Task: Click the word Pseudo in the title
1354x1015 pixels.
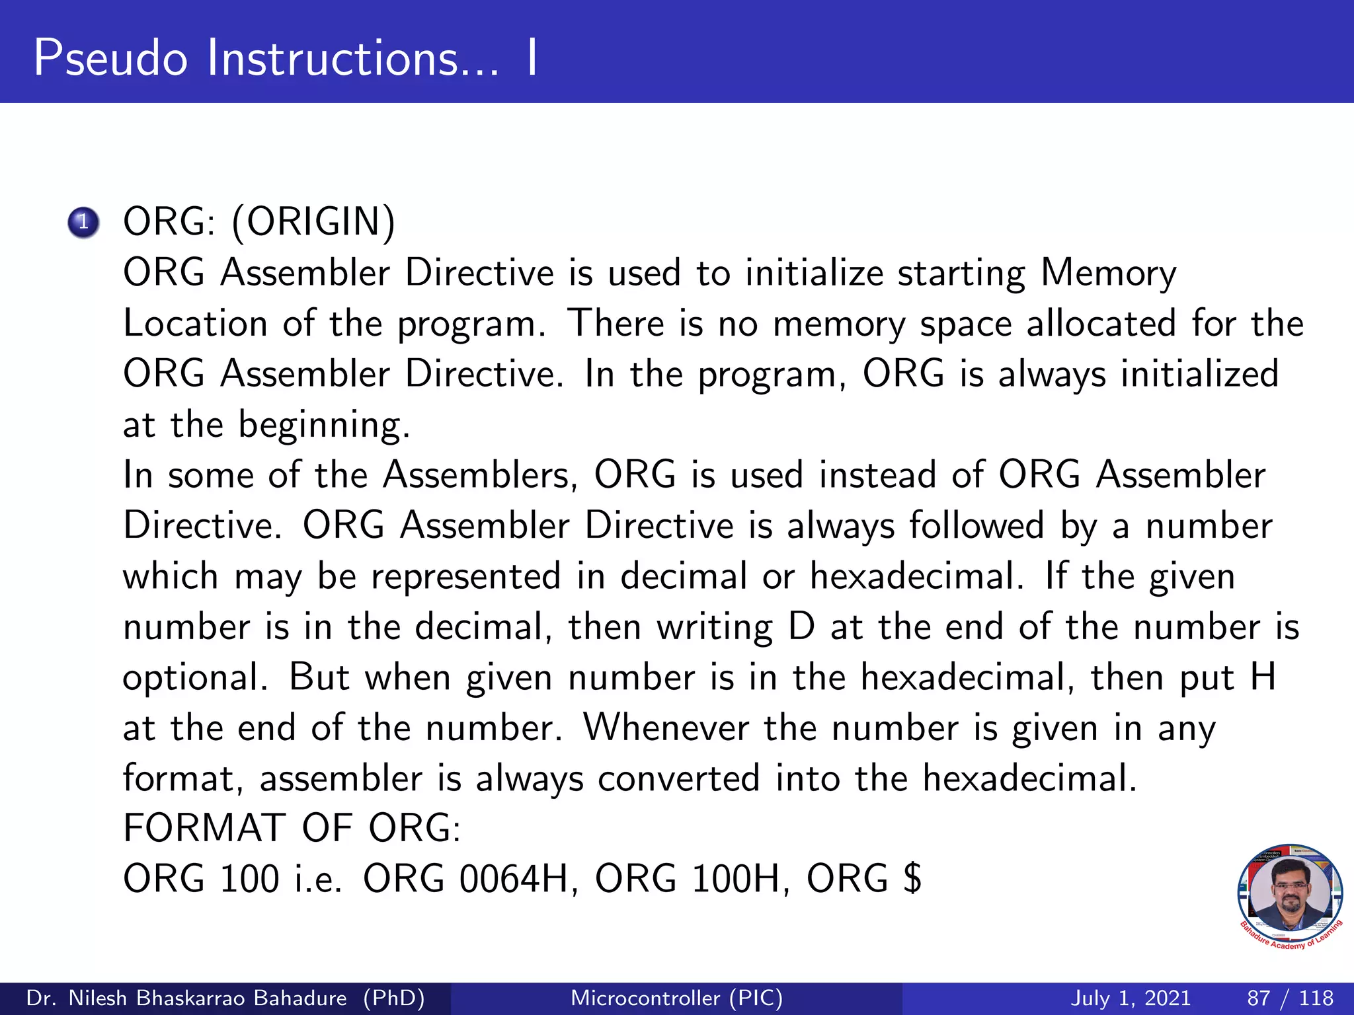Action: pos(110,58)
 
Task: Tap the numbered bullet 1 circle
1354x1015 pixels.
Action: pos(83,222)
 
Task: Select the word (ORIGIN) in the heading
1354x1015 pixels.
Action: pos(313,222)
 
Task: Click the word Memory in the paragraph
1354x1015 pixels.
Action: pos(1108,274)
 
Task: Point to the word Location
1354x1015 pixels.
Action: pos(195,324)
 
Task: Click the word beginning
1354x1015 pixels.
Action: pos(324,426)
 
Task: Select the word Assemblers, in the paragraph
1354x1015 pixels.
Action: pos(481,475)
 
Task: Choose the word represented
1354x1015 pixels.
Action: pos(465,576)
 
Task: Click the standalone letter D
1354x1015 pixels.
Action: pos(801,627)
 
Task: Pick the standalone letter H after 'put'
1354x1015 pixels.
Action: pos(1263,677)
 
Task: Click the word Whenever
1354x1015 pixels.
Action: pos(665,728)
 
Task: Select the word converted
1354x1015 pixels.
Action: pos(678,778)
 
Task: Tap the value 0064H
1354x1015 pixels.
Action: pos(514,880)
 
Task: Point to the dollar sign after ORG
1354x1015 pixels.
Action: pos(912,880)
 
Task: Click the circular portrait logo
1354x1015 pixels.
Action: pos(1289,896)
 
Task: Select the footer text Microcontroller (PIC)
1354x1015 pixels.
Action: pos(676,998)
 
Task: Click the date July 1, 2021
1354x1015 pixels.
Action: pos(1130,998)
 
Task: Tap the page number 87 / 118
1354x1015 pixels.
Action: pos(1290,998)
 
